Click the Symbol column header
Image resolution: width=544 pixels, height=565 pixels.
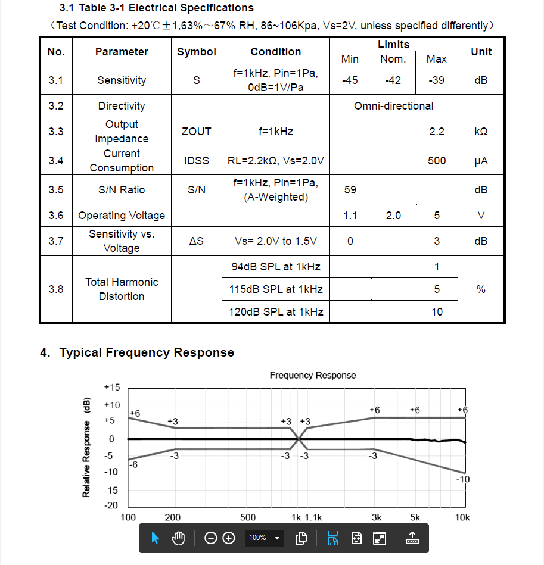197,52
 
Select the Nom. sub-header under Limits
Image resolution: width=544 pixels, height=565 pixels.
393,59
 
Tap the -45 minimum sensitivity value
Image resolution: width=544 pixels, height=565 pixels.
350,80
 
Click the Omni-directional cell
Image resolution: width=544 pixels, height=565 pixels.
393,106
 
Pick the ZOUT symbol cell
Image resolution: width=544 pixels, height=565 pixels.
197,131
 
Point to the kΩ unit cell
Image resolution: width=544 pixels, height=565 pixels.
481,131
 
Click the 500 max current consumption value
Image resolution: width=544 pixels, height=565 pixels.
437,161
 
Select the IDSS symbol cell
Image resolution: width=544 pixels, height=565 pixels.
197,161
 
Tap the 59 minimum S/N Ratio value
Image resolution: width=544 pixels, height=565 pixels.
350,190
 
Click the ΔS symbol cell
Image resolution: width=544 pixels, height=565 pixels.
197,241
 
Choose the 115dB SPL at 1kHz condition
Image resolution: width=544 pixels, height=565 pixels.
276,289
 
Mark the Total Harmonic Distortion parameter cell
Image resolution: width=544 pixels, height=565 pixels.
122,289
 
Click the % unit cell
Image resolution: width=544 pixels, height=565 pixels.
481,289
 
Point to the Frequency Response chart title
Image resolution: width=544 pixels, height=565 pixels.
313,375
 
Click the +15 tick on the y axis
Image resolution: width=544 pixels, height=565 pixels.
112,388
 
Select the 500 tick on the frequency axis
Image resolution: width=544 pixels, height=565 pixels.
248,517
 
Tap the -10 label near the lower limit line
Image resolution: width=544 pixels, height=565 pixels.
462,479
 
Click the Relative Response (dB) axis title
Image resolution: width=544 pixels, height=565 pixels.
86,446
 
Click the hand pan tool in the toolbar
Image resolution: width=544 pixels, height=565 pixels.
179,538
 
